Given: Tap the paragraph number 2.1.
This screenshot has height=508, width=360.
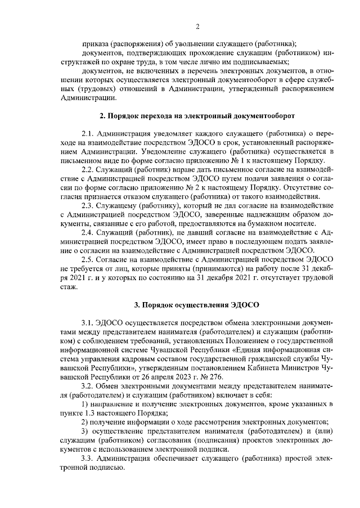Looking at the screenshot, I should [88, 134].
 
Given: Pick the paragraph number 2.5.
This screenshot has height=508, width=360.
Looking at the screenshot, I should [88, 259].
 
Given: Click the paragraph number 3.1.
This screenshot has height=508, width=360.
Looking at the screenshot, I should [88, 323].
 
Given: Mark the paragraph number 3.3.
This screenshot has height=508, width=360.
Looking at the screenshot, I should [88, 459].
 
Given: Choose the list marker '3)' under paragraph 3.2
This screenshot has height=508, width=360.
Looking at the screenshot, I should [84, 431].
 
